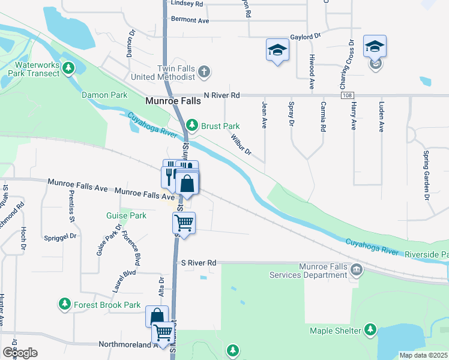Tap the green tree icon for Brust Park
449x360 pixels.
tap(191, 125)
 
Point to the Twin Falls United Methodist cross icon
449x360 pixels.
tap(204, 72)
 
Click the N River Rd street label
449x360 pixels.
tap(221, 95)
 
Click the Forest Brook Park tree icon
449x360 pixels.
tap(65, 305)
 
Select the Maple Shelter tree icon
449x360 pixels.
tap(371, 330)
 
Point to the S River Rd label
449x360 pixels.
tap(198, 263)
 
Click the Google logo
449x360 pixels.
tap(20, 352)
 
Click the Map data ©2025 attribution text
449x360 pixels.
tap(423, 355)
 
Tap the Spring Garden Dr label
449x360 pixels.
tap(427, 175)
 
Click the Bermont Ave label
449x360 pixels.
tap(190, 20)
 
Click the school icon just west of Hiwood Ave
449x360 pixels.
tap(277, 50)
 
